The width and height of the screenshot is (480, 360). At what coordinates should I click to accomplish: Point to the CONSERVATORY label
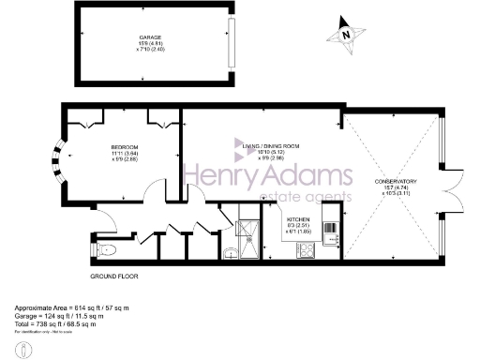pos(396,181)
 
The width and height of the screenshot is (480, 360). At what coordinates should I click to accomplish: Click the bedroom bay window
pos(58,161)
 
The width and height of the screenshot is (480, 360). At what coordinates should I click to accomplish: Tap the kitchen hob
pos(307,249)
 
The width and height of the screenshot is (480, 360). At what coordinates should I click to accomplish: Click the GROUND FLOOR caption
pos(115,278)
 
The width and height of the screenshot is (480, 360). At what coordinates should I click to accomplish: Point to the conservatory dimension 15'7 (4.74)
pos(396,187)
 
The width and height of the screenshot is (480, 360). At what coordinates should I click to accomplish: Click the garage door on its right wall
pos(230,42)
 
